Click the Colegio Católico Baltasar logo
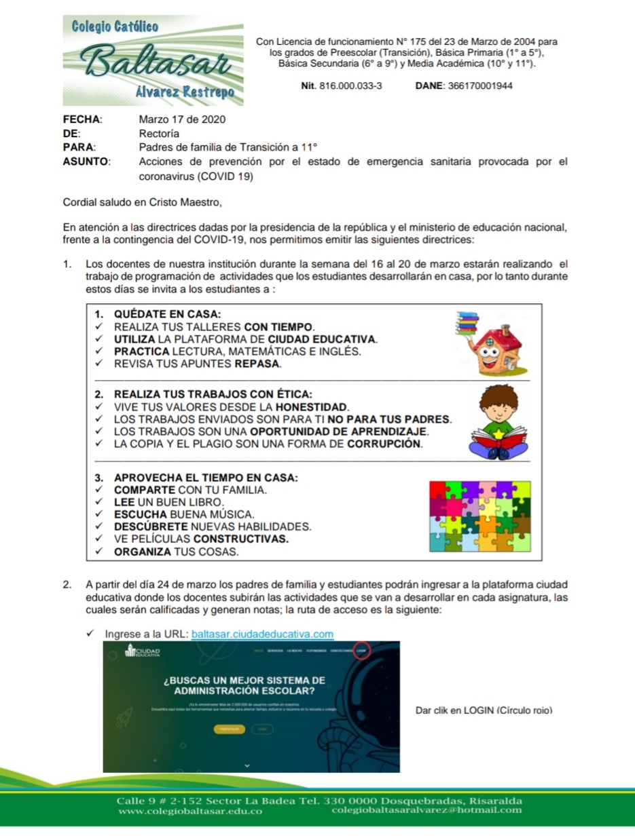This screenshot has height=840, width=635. (x=153, y=60)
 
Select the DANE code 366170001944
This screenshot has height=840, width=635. (x=481, y=86)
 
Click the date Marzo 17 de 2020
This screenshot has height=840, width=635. (x=182, y=119)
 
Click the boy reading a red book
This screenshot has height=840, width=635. (x=500, y=421)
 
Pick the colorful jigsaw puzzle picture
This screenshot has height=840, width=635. (x=479, y=516)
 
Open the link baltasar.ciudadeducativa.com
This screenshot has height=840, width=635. (x=263, y=634)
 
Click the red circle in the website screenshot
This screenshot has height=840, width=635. (x=361, y=649)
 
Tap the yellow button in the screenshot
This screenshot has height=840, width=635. (x=230, y=729)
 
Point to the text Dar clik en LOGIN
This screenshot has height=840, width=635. (x=484, y=710)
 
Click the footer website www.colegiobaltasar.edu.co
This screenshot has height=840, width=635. (x=190, y=810)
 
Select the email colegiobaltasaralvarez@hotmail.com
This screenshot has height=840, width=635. (x=427, y=810)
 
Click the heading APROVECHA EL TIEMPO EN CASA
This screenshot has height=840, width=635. (x=206, y=477)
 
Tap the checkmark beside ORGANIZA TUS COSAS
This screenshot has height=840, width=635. (x=99, y=551)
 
